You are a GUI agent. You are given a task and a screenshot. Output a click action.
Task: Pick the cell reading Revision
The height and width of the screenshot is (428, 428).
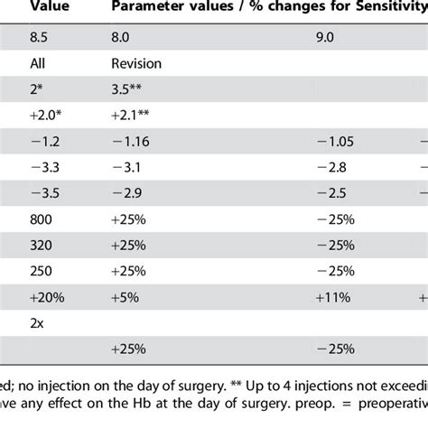136,65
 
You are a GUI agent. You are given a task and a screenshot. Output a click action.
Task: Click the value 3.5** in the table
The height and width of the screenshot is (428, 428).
129,90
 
